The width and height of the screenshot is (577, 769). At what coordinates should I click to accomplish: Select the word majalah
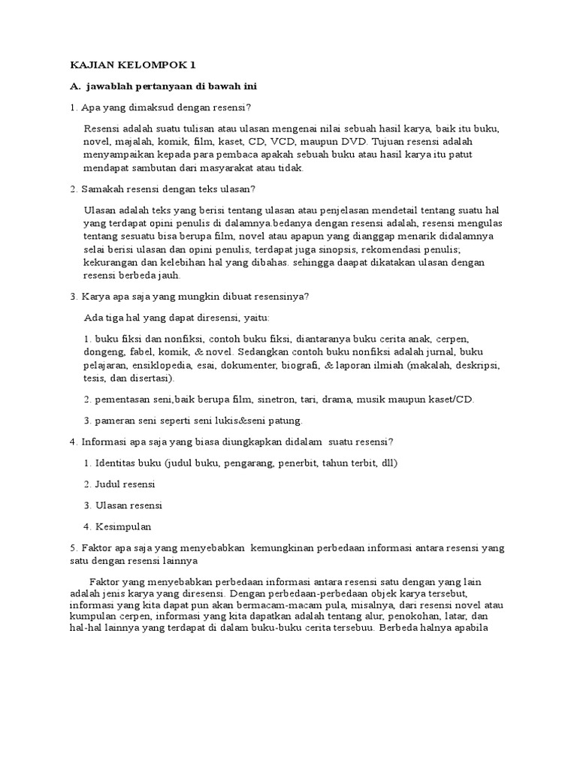pyautogui.click(x=133, y=141)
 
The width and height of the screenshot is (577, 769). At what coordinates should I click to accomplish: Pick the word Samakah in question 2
pyautogui.click(x=101, y=188)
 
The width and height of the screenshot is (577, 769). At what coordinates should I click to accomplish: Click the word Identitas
pyautogui.click(x=116, y=463)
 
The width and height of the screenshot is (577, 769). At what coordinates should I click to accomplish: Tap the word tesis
pyautogui.click(x=97, y=379)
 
